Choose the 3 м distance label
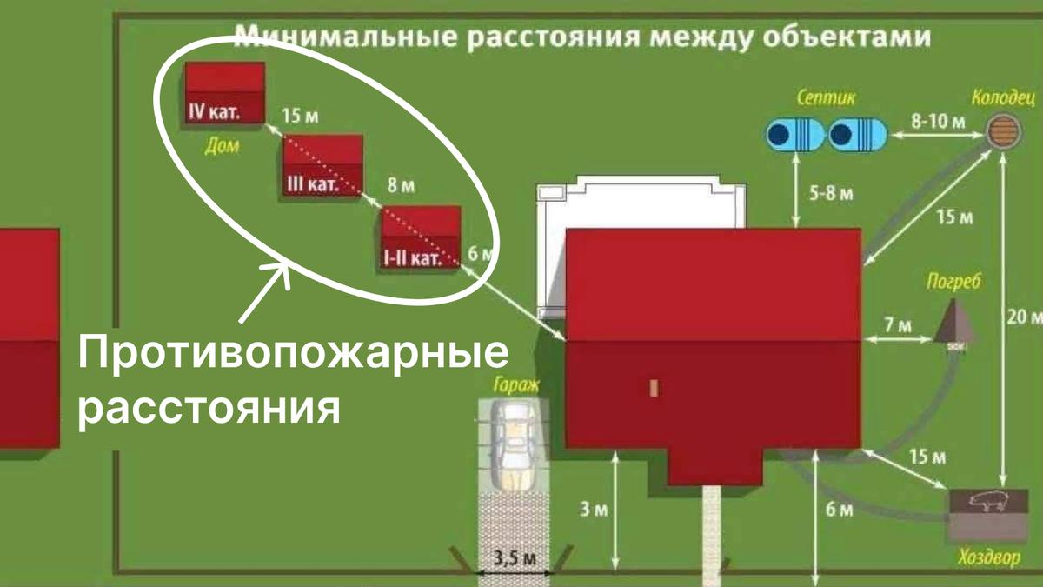coord(594,510)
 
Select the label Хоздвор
coord(987,558)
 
